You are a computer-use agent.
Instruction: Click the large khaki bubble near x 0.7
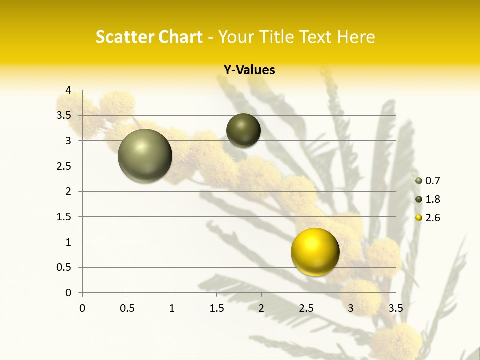(x=145, y=156)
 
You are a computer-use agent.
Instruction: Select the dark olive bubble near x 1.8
(x=243, y=130)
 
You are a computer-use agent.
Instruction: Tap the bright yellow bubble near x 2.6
(x=315, y=252)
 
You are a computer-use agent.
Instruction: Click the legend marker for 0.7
(x=419, y=181)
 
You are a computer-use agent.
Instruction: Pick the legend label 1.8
(x=433, y=199)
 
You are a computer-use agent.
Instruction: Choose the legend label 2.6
(x=433, y=218)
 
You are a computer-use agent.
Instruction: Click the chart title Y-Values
(x=249, y=70)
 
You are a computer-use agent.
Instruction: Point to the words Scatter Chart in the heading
(x=149, y=37)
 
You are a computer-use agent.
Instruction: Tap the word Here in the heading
(x=356, y=37)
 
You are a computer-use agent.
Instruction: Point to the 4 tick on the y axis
(x=68, y=90)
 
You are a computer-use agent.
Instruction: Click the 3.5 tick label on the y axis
(x=64, y=115)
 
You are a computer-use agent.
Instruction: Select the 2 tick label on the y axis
(x=68, y=191)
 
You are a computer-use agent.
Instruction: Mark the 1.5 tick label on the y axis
(x=64, y=217)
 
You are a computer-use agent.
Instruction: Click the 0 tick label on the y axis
(x=68, y=293)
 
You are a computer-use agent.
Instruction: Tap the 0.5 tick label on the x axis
(x=127, y=308)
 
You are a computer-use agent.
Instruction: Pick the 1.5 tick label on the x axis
(x=216, y=308)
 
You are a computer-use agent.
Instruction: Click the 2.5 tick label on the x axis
(x=306, y=308)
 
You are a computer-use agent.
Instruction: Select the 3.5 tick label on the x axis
(x=395, y=308)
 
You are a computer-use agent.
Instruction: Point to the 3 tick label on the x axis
(x=351, y=308)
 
